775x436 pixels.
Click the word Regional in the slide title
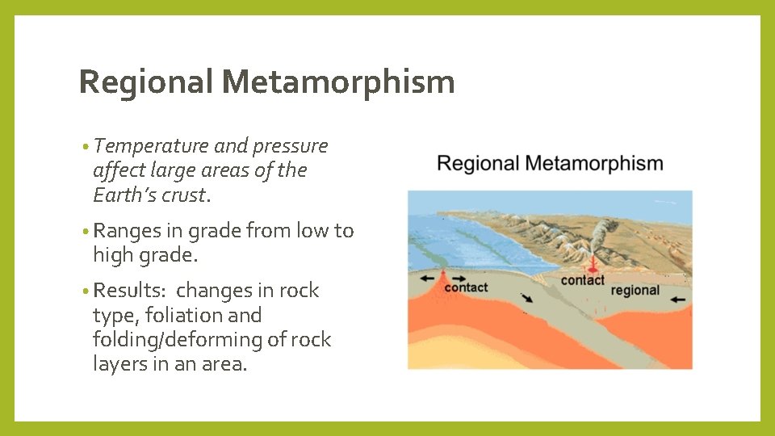(145, 82)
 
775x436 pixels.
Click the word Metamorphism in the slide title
(338, 82)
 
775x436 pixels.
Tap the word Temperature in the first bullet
(151, 146)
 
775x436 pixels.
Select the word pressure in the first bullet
(291, 146)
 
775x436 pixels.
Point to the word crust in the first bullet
(183, 195)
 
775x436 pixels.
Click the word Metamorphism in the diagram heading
(593, 164)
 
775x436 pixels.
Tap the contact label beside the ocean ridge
(466, 287)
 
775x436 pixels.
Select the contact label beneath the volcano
(582, 280)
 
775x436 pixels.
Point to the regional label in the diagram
(635, 290)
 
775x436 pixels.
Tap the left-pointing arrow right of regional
(678, 299)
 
